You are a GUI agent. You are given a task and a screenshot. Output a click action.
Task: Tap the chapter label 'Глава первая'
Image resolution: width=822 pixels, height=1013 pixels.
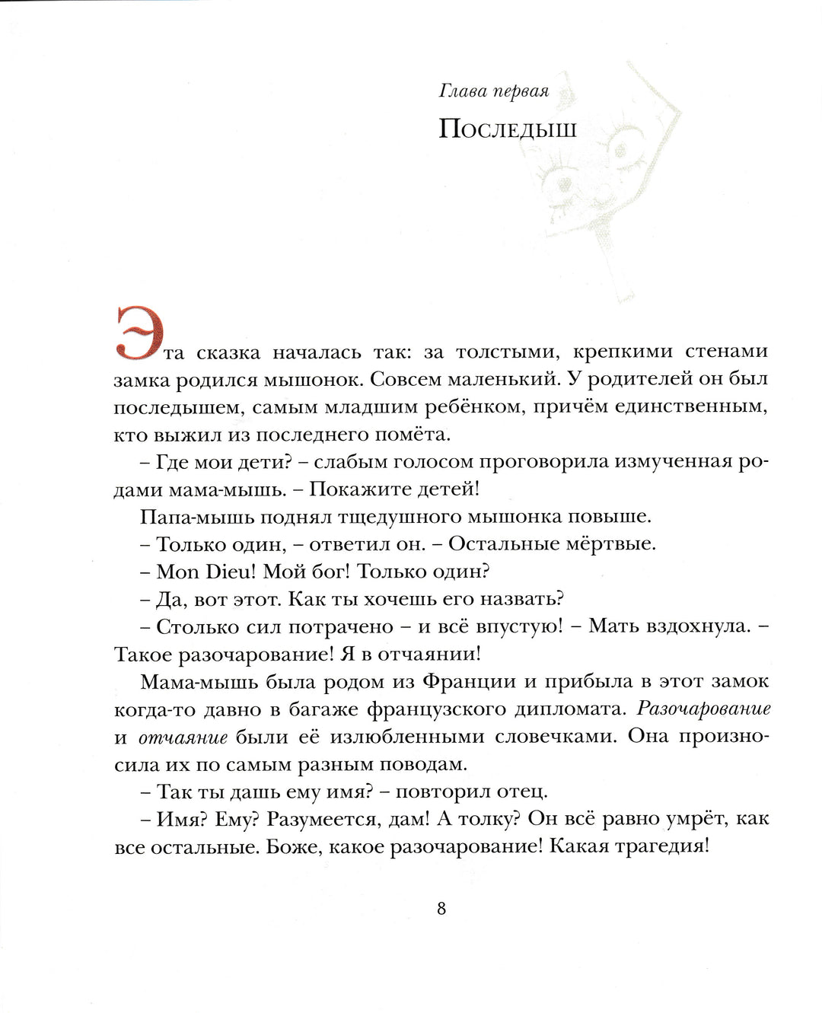click(494, 91)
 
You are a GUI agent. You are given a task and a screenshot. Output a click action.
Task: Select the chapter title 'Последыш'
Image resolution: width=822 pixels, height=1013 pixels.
click(508, 129)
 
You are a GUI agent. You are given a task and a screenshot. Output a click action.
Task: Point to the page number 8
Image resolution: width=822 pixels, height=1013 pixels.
click(441, 908)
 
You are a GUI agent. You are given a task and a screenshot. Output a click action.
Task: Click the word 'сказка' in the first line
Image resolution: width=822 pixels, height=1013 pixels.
click(228, 352)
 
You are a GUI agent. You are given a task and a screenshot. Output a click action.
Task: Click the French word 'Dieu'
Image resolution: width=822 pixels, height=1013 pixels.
click(231, 572)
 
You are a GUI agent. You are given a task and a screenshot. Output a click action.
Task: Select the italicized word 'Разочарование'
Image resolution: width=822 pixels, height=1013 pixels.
click(703, 709)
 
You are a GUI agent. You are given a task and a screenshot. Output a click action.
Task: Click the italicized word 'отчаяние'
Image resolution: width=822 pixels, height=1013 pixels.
click(183, 737)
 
